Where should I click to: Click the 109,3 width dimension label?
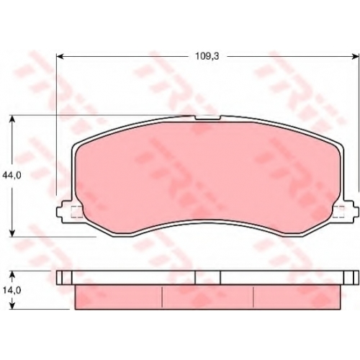coord(207,56)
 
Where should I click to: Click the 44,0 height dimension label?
coord(12,176)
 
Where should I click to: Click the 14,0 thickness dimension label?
coord(12,290)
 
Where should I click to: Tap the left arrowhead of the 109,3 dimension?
coord(60,57)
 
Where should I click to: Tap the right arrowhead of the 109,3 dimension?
coord(356,57)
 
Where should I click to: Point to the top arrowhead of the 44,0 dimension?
coord(12,119)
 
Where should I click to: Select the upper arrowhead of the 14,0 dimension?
coord(12,274)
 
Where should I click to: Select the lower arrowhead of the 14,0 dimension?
coord(12,305)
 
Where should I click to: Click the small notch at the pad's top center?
coord(207,117)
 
